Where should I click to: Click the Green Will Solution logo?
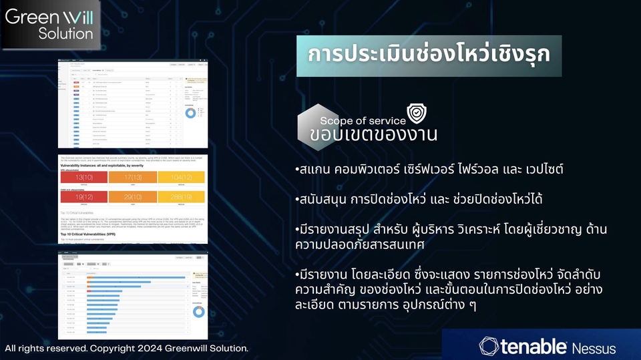[x=49, y=24]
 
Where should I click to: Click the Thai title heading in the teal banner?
[x=429, y=55]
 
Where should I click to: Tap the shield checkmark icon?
[x=417, y=113]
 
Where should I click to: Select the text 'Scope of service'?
[x=363, y=121]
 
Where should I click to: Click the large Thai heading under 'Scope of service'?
[x=373, y=134]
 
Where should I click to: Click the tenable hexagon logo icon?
[x=488, y=347]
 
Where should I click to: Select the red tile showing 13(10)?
[x=83, y=177]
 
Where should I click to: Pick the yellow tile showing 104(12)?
[x=181, y=177]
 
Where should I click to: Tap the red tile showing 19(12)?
[x=83, y=198]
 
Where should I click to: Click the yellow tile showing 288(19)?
[x=181, y=198]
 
